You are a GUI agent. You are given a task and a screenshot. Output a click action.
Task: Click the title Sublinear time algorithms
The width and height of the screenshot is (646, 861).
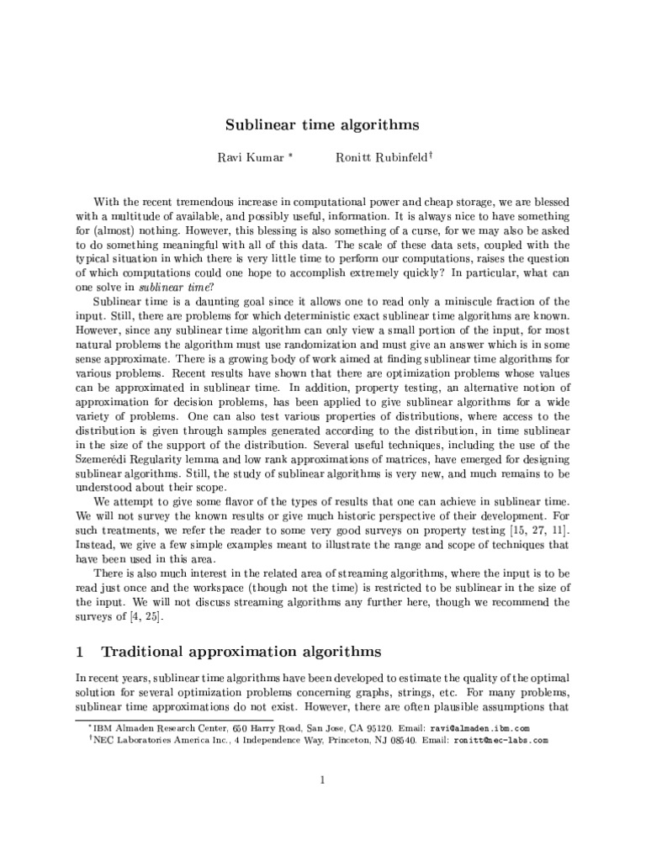pyautogui.click(x=322, y=125)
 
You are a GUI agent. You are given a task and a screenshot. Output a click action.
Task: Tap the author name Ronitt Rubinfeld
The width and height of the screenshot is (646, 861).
pyautogui.click(x=379, y=159)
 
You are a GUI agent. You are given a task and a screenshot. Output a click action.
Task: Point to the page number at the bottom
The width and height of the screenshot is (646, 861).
pyautogui.click(x=322, y=780)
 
